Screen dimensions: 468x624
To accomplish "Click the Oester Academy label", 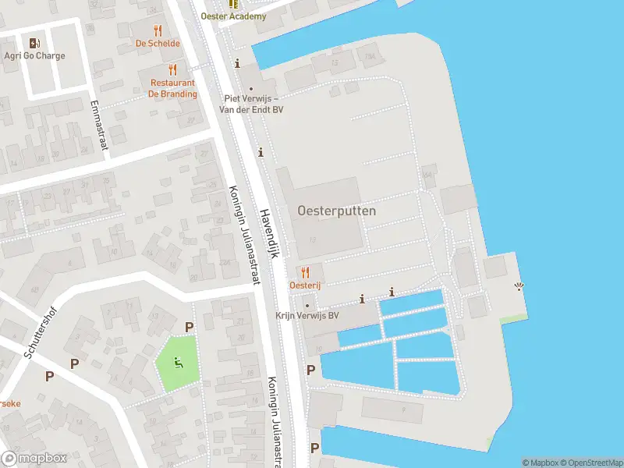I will (x=233, y=16).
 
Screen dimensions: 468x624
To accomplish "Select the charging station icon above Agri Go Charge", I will (x=34, y=43).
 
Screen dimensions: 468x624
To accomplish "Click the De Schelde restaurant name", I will (x=158, y=44).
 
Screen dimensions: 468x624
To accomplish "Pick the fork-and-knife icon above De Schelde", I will (x=158, y=30).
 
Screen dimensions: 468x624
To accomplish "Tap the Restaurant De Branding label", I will (x=173, y=88).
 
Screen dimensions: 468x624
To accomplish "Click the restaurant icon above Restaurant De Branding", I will (x=173, y=69).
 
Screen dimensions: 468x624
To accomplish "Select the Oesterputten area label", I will (x=336, y=211).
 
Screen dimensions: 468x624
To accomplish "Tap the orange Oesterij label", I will (x=305, y=285).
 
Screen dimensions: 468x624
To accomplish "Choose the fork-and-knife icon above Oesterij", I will (x=305, y=272).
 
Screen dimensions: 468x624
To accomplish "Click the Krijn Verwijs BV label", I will (x=307, y=316).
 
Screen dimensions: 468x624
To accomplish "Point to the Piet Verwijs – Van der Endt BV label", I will (x=253, y=104).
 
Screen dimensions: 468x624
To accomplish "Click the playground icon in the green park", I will (x=179, y=362).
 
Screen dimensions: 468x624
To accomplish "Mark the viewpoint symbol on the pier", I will (x=519, y=287).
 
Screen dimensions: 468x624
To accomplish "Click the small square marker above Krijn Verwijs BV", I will (x=307, y=304).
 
